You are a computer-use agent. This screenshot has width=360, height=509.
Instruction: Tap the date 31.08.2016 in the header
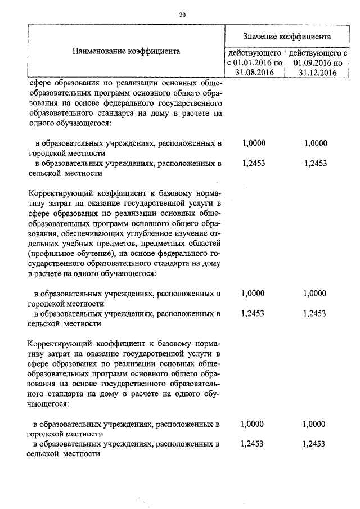coord(254,73)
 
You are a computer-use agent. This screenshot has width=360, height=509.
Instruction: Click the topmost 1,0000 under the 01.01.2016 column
coord(254,143)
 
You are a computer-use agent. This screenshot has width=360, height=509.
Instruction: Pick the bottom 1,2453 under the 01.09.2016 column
coord(313,444)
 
